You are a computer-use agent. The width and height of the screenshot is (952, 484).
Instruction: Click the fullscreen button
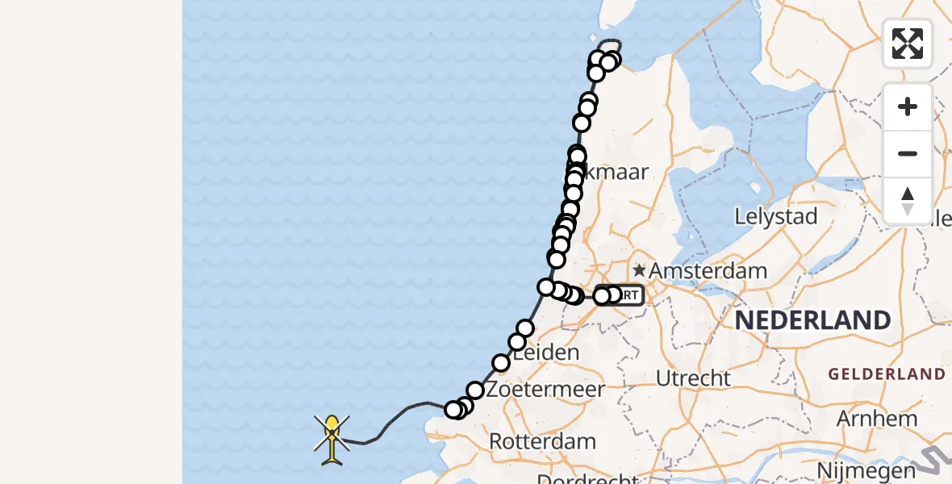[x=908, y=44]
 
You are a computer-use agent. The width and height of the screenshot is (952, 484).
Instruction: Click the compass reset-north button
[x=908, y=201]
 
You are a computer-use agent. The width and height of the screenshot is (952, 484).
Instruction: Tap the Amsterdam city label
[x=708, y=270]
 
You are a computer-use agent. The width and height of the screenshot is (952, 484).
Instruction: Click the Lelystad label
[x=776, y=216]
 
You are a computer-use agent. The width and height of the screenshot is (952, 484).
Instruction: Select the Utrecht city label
[x=693, y=378]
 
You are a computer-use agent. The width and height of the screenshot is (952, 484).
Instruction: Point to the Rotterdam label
[x=542, y=441]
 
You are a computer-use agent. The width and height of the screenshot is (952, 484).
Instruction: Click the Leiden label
[x=547, y=353]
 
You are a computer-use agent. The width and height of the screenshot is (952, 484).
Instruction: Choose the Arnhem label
[x=877, y=419]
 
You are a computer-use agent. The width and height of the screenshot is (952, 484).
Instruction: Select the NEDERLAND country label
[x=812, y=319]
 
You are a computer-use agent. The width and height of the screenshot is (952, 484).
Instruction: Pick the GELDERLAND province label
[x=887, y=373]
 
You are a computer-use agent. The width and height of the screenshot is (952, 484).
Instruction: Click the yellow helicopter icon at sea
[x=332, y=436]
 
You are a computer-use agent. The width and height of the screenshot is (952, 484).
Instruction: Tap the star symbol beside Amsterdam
[x=640, y=270]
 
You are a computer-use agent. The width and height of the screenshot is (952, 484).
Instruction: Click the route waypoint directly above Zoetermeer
[x=475, y=390]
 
